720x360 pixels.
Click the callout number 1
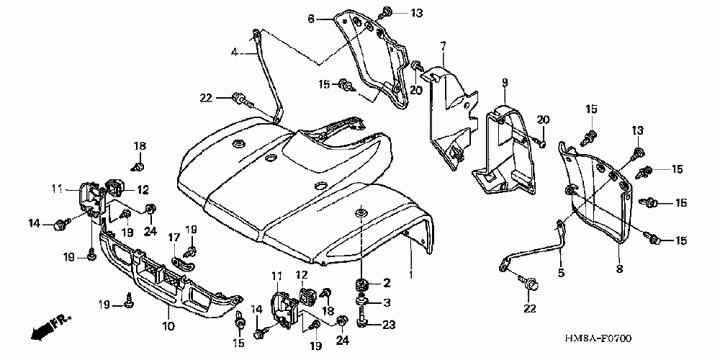click(411, 274)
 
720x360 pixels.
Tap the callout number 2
click(387, 282)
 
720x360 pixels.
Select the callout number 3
click(387, 302)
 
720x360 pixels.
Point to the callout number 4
click(234, 52)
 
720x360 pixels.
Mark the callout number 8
click(618, 269)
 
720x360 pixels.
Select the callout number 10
click(168, 326)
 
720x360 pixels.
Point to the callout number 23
click(389, 325)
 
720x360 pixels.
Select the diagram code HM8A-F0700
click(603, 338)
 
